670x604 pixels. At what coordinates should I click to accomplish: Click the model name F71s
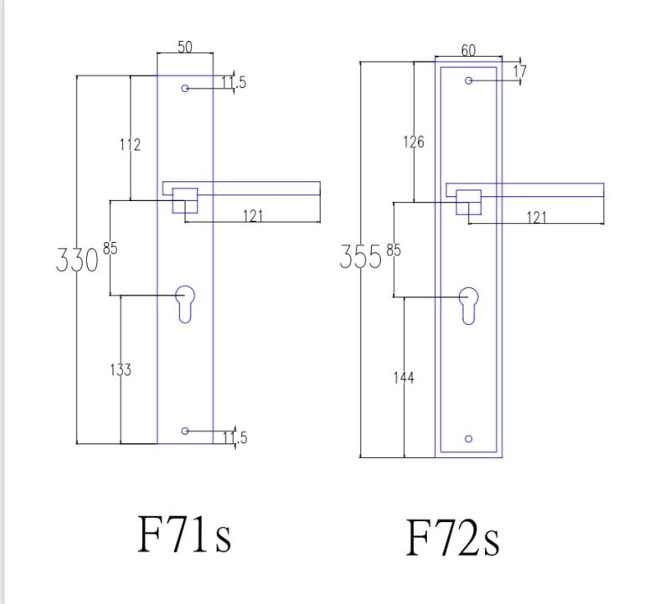[x=184, y=534]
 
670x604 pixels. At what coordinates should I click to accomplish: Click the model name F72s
[x=452, y=537]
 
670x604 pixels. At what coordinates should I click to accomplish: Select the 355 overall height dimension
[x=361, y=257]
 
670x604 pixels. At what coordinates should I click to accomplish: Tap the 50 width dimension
[x=185, y=47]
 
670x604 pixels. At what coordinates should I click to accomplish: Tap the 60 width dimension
[x=468, y=51]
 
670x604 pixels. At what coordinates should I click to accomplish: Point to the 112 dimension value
[x=130, y=145]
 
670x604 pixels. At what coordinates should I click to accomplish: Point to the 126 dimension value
[x=414, y=142]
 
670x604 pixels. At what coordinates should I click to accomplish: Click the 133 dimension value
[x=121, y=369]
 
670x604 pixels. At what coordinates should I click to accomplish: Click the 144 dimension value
[x=404, y=378]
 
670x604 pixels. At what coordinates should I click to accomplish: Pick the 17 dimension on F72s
[x=520, y=71]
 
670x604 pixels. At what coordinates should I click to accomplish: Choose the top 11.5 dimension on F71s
[x=234, y=82]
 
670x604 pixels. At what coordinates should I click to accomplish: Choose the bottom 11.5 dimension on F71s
[x=235, y=438]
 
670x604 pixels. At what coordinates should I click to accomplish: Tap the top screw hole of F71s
[x=185, y=89]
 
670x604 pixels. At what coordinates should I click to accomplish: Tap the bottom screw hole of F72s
[x=468, y=439]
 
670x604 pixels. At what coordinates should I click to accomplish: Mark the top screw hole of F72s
[x=468, y=80]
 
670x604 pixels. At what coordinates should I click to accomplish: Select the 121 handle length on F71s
[x=253, y=216]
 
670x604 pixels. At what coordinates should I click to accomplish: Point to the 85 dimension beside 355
[x=394, y=250]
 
